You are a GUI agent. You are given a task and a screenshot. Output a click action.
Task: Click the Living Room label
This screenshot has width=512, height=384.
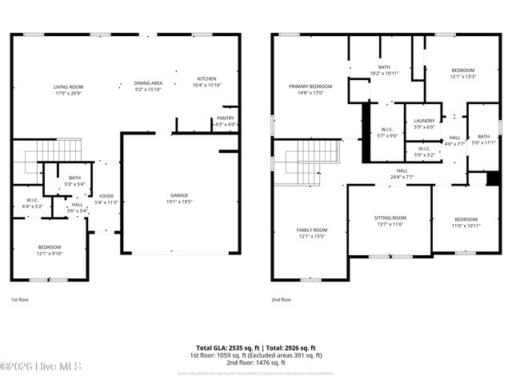(69, 86)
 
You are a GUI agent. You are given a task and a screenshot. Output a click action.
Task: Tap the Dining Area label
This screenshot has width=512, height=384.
(148, 82)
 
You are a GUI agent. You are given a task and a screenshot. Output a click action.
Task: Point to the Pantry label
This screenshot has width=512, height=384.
(226, 118)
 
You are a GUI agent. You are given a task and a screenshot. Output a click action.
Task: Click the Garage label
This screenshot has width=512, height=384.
(179, 195)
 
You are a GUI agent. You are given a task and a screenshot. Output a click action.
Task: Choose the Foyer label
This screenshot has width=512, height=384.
(106, 196)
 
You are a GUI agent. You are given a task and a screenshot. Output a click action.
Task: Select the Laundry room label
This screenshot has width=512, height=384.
(424, 120)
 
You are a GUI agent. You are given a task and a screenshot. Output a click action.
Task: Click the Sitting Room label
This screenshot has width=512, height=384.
(390, 218)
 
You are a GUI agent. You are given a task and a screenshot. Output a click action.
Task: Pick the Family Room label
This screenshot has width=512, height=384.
(313, 230)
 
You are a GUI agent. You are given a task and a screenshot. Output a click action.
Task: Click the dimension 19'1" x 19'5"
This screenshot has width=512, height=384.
(179, 202)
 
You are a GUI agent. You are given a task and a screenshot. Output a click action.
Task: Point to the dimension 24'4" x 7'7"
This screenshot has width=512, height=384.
(402, 177)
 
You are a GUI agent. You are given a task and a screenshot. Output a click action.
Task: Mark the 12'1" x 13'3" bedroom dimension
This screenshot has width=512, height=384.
(462, 77)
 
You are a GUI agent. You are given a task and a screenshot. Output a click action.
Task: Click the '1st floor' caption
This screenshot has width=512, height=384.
(20, 299)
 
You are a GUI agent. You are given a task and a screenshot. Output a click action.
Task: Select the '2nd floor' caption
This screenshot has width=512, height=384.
(282, 299)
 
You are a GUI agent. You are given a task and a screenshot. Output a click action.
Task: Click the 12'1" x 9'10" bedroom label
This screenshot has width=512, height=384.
(50, 254)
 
